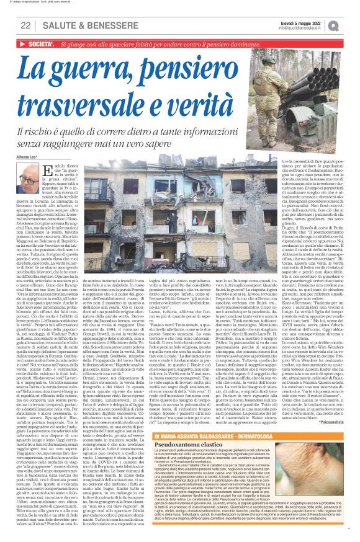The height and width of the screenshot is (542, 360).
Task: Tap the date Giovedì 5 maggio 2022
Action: pos(309,22)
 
